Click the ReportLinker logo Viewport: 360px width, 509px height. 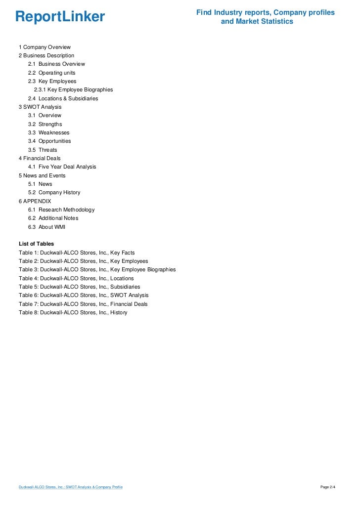pos(60,17)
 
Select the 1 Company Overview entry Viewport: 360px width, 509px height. pos(45,47)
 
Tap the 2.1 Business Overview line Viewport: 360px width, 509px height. pos(56,64)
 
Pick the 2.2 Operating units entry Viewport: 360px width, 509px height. pos(52,73)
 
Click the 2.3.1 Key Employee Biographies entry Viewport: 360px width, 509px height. pos(73,90)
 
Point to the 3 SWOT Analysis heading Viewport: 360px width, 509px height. pos(40,107)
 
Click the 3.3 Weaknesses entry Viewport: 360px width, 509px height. pos(49,132)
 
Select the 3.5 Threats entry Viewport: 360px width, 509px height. pos(43,150)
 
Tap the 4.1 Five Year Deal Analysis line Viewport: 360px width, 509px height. pos(62,167)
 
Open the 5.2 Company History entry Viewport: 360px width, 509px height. pos(54,192)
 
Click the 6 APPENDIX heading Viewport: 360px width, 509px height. pos(35,201)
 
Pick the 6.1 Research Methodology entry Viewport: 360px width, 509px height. pos(61,210)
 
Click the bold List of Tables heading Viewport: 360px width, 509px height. pos(36,244)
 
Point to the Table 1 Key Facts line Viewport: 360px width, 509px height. pos(77,253)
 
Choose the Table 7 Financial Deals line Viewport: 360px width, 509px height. pos(83,304)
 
